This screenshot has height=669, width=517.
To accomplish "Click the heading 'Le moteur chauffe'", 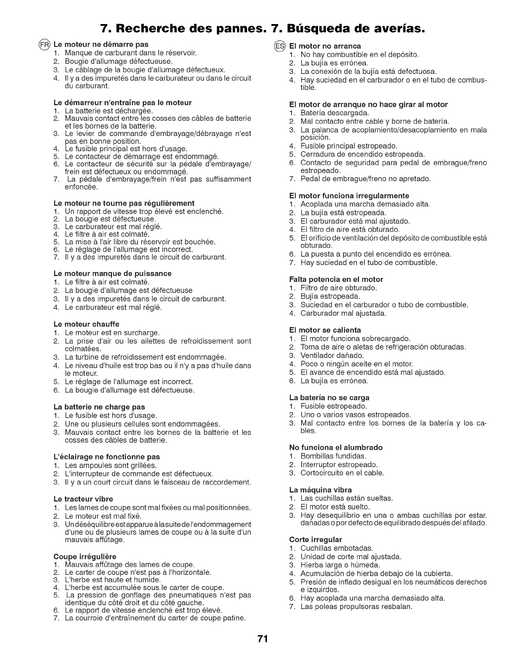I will [x=87, y=324].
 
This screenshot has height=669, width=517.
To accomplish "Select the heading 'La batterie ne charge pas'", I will [x=99, y=407].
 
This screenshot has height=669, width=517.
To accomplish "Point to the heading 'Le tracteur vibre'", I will [x=84, y=498].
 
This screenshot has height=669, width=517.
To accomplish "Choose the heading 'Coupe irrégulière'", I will [x=85, y=556].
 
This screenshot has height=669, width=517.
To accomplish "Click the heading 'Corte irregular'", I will [x=316, y=539].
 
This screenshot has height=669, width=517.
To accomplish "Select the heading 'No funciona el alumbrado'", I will [x=336, y=447].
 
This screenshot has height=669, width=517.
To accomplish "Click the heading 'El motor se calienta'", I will [x=325, y=329].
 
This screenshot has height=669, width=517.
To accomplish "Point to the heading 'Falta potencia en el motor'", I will [x=336, y=279].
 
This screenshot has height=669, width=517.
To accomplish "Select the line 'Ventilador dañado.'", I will [x=332, y=355].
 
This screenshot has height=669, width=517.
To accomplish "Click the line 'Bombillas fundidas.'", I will [x=333, y=456].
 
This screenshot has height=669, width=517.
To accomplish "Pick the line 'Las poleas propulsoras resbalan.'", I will [x=356, y=606].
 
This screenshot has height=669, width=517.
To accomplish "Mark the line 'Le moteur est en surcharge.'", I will [x=112, y=332].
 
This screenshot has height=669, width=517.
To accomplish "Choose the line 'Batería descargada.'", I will [x=335, y=113].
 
